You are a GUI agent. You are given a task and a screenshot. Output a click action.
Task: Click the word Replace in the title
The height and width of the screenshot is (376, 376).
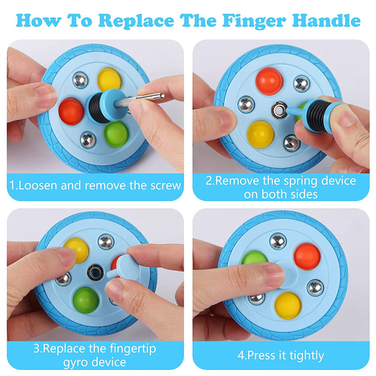136,21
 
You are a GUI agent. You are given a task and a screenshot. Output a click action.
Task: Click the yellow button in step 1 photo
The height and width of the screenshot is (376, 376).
109,79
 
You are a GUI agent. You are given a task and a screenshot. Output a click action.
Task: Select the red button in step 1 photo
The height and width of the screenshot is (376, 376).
71,111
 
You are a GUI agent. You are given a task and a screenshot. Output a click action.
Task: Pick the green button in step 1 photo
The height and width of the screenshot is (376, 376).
116,134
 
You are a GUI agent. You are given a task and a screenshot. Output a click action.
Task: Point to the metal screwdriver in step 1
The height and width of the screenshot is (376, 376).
139,100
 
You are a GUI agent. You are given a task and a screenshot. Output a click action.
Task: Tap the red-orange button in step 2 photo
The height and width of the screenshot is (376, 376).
269,81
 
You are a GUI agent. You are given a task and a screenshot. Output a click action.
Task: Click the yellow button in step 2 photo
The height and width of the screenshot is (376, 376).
260,134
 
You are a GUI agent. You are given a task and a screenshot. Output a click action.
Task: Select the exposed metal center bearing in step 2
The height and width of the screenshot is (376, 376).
279,110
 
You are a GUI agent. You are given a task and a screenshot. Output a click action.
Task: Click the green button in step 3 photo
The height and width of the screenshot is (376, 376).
86,300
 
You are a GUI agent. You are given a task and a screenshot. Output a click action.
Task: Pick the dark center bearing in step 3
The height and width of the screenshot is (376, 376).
95,273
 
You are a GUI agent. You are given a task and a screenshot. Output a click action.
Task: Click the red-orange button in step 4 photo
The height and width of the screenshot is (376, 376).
307,256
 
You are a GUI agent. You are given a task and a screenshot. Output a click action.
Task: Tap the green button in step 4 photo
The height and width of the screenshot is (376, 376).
254,258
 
